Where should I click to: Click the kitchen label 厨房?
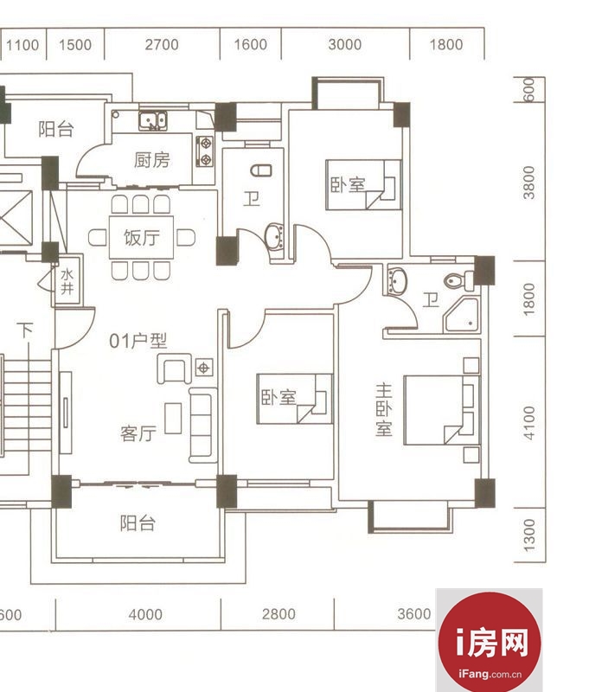coord(151,160)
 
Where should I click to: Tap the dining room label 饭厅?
coord(141,237)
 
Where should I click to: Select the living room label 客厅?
coord(138,433)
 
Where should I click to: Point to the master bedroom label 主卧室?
coord(383,409)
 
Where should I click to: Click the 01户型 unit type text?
coord(138,341)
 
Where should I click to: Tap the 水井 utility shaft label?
coord(67,282)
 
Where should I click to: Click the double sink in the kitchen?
coord(152,120)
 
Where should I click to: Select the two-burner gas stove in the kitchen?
coord(204,151)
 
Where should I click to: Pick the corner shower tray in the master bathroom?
coord(462,315)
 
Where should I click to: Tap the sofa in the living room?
coord(202,425)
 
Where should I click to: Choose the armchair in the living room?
coord(174,368)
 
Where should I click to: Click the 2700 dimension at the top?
coord(162,45)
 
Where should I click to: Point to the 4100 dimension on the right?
coord(529,423)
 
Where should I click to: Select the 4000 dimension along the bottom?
coord(145,614)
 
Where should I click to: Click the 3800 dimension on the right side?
coord(528,183)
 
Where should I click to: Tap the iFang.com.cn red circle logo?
coord(490,642)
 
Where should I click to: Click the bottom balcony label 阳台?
coord(138,523)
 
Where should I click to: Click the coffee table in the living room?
coord(173,418)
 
